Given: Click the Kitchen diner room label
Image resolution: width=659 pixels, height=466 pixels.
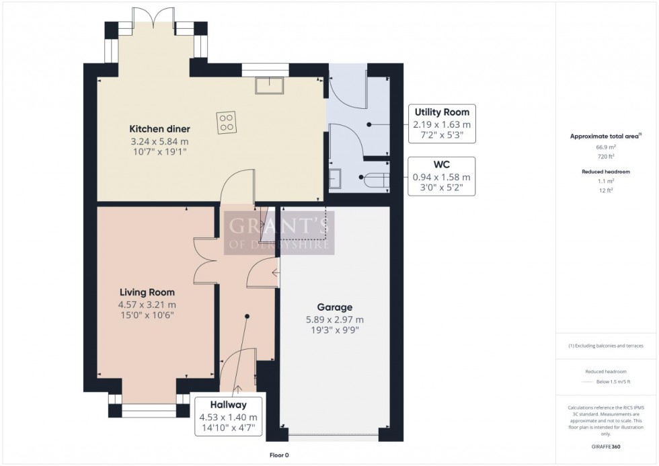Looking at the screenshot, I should (159, 129).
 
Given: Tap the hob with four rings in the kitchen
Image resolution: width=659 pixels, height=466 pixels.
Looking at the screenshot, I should (227, 122).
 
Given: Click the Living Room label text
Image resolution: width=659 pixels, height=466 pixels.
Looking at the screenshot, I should (147, 293).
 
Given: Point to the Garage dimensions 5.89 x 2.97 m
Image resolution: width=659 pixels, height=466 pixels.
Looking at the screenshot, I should (334, 320).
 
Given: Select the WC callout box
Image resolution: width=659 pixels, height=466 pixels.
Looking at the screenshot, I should (442, 176).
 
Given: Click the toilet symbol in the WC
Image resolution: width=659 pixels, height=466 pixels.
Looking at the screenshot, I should (374, 180).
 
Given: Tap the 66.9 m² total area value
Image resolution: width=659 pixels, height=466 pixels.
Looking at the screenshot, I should (607, 147).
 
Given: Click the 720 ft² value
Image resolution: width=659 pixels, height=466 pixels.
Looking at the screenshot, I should (607, 155).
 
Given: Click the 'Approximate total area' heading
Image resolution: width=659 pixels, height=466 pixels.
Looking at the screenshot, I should (605, 136).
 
